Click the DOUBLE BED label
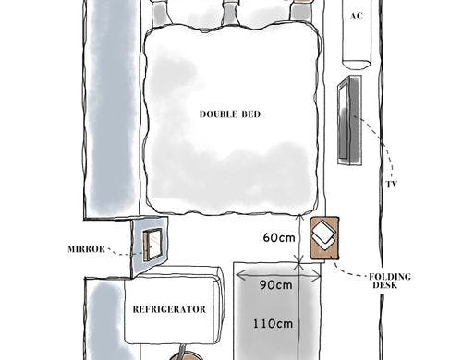click(230, 114)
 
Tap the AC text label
click(357, 16)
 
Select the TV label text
click(392, 185)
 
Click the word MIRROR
click(86, 248)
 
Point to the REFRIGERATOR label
click(169, 309)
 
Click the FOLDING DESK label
click(390, 281)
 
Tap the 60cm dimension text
click(279, 237)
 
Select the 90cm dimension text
click(275, 285)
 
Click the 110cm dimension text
click(273, 324)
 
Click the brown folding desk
click(324, 238)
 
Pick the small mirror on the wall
click(152, 245)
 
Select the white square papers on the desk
click(323, 234)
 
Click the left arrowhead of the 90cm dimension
click(240, 275)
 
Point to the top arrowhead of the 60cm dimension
click(298, 218)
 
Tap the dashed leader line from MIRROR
click(125, 253)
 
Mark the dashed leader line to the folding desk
click(348, 271)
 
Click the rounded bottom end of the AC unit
click(357, 66)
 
